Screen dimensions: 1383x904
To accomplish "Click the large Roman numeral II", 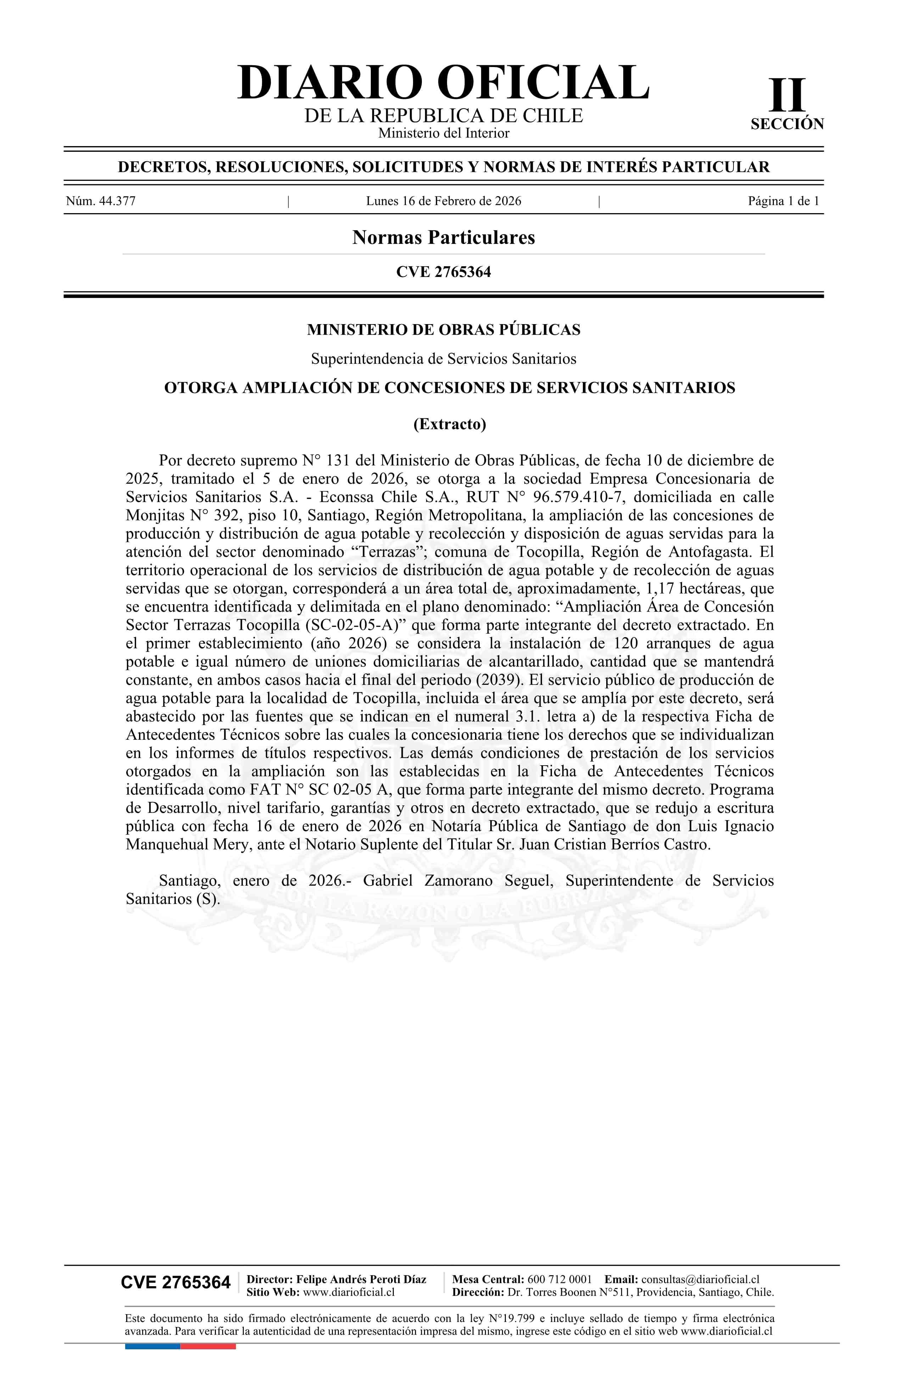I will [787, 95].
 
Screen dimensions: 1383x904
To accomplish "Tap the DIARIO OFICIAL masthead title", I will [443, 83].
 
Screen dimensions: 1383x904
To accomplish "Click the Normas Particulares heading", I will [443, 238].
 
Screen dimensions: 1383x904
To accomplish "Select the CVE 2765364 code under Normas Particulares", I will [443, 272].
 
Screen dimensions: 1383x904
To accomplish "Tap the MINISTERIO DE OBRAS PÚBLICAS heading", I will [443, 330].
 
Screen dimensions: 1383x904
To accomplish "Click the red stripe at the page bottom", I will [208, 1347].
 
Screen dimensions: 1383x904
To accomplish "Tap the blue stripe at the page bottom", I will [152, 1347].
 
